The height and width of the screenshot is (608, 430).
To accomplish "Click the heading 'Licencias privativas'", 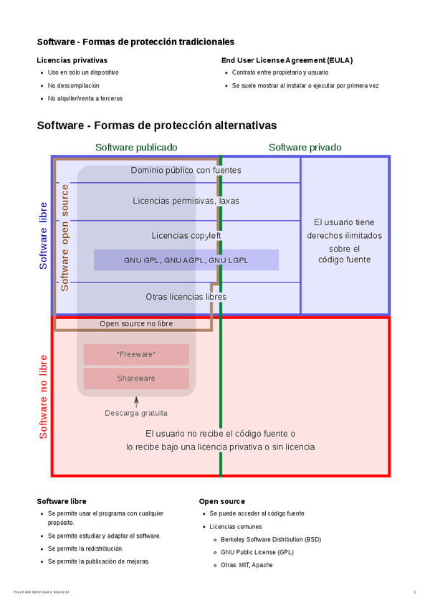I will click(x=72, y=60).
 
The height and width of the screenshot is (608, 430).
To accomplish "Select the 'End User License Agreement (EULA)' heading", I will click(x=287, y=60).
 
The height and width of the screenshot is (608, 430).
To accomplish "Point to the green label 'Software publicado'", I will click(x=136, y=147).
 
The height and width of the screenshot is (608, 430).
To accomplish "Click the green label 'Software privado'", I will click(x=305, y=147).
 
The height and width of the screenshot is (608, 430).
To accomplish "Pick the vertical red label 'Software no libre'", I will click(x=44, y=396).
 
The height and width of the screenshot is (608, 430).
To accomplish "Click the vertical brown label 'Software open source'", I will click(x=65, y=237).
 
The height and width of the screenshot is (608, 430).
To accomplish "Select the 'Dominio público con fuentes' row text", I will click(x=186, y=171).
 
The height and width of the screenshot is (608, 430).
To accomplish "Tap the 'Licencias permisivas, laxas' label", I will click(x=186, y=201).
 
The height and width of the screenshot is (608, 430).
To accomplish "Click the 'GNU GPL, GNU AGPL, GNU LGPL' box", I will click(x=186, y=260).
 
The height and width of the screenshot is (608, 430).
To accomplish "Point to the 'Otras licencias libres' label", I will click(x=186, y=297).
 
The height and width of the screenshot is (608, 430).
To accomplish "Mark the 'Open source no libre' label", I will click(x=136, y=324).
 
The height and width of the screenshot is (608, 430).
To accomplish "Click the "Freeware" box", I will click(x=136, y=355).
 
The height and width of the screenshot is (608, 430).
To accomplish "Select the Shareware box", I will click(x=136, y=379).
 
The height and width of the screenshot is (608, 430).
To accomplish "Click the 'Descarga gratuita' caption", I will click(x=136, y=413).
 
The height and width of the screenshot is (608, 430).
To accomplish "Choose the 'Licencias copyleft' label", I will click(x=186, y=235).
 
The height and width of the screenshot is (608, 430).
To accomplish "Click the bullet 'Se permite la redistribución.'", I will click(x=85, y=548).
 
